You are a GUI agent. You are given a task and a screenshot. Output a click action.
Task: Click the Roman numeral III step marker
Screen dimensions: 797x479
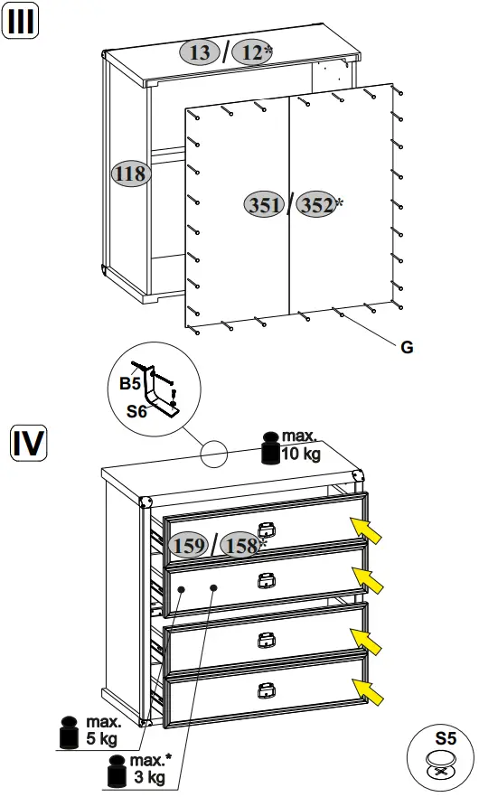point(23,22)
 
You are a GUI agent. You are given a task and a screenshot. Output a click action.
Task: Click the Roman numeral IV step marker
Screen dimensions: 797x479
point(28,443)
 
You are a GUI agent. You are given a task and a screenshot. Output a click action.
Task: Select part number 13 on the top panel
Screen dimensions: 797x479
point(201,52)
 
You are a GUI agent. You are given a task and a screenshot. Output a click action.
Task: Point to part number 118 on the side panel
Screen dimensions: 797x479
point(130,173)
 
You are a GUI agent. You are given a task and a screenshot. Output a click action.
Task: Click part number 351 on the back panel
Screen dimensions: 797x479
point(264,205)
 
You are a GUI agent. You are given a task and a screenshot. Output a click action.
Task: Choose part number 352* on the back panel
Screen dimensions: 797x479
point(319,205)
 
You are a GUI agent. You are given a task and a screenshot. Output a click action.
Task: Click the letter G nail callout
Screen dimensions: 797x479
point(406,347)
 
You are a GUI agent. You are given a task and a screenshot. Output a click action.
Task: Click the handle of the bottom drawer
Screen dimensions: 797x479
point(265,690)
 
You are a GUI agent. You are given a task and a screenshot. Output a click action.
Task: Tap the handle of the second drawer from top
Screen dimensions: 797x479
point(265,579)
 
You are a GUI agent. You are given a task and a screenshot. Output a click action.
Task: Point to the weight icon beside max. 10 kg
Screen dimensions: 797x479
point(268,448)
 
